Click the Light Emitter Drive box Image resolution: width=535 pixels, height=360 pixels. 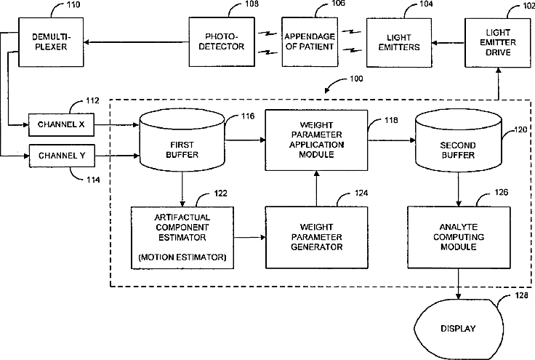[x=499, y=41]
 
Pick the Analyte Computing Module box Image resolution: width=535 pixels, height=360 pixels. [x=458, y=237]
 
